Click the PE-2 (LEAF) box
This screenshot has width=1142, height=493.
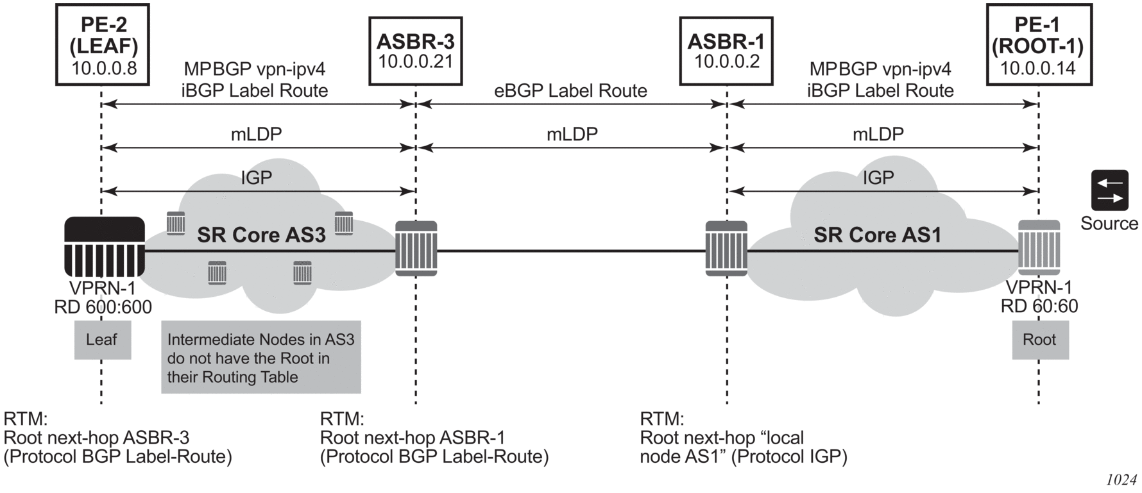(103, 45)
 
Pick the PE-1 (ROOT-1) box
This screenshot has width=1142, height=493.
(1037, 45)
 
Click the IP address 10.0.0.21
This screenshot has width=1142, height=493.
(416, 62)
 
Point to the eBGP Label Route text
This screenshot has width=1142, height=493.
(570, 91)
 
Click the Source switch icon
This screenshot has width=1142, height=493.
(1109, 190)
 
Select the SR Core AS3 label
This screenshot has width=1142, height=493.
(261, 235)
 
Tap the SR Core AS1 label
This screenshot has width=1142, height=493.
(877, 235)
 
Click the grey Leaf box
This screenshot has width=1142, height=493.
(102, 340)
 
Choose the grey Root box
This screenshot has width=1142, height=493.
(1039, 340)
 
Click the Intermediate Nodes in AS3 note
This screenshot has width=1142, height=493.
(260, 357)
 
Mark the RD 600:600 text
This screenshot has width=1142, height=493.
(103, 308)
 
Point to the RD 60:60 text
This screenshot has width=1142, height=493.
(1039, 306)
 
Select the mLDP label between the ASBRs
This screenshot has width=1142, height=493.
(572, 134)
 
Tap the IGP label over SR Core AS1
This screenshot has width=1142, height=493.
(878, 178)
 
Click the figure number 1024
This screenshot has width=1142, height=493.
(1121, 480)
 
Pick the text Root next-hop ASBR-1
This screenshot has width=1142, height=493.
(413, 438)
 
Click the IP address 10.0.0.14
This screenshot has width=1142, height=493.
(1037, 68)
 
